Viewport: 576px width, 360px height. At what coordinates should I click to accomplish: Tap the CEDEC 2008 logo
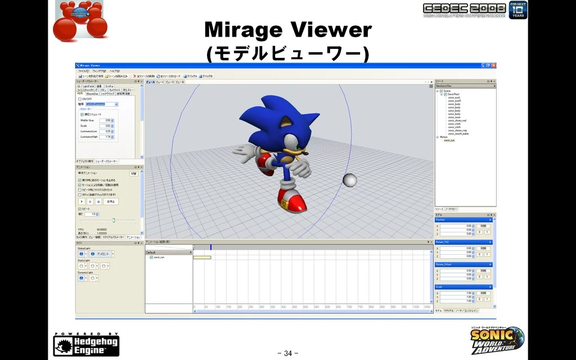point(464,10)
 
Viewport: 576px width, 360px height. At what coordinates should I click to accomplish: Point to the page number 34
point(287,353)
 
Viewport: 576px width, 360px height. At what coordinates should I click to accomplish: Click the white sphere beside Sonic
point(349,180)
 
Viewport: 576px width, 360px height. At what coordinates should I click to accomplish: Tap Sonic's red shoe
point(292,202)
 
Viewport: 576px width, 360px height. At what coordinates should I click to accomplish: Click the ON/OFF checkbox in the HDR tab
point(80,99)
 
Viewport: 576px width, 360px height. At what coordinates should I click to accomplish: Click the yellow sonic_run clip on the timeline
point(202,257)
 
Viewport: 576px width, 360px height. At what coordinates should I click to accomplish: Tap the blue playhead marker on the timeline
point(211,247)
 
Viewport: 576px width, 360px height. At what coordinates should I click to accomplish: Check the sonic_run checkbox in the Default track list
point(151,257)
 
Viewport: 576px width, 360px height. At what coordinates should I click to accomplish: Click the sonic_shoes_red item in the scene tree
point(457,120)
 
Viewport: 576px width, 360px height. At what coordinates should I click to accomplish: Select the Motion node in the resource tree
point(444,137)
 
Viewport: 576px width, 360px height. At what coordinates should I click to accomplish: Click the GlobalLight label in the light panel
point(84,248)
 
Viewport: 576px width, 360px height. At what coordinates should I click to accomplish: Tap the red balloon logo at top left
point(80,19)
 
